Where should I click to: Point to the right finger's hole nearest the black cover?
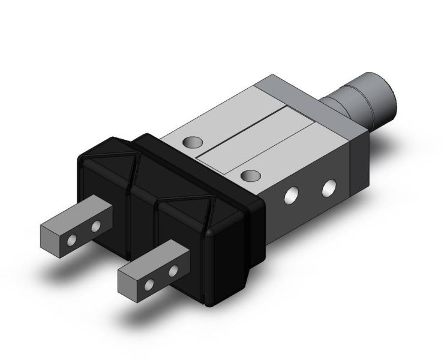tap(174, 271)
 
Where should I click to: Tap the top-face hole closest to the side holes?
tap(251, 175)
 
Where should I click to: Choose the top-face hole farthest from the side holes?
tap(193, 143)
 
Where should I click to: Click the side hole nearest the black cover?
tap(293, 195)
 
